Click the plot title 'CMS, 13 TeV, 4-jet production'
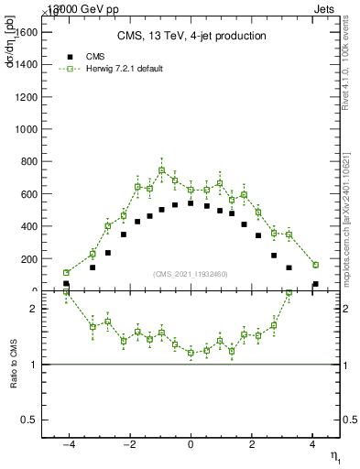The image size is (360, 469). (x=191, y=36)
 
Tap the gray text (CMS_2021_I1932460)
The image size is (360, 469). (x=191, y=274)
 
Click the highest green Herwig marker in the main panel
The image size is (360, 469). (x=161, y=170)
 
